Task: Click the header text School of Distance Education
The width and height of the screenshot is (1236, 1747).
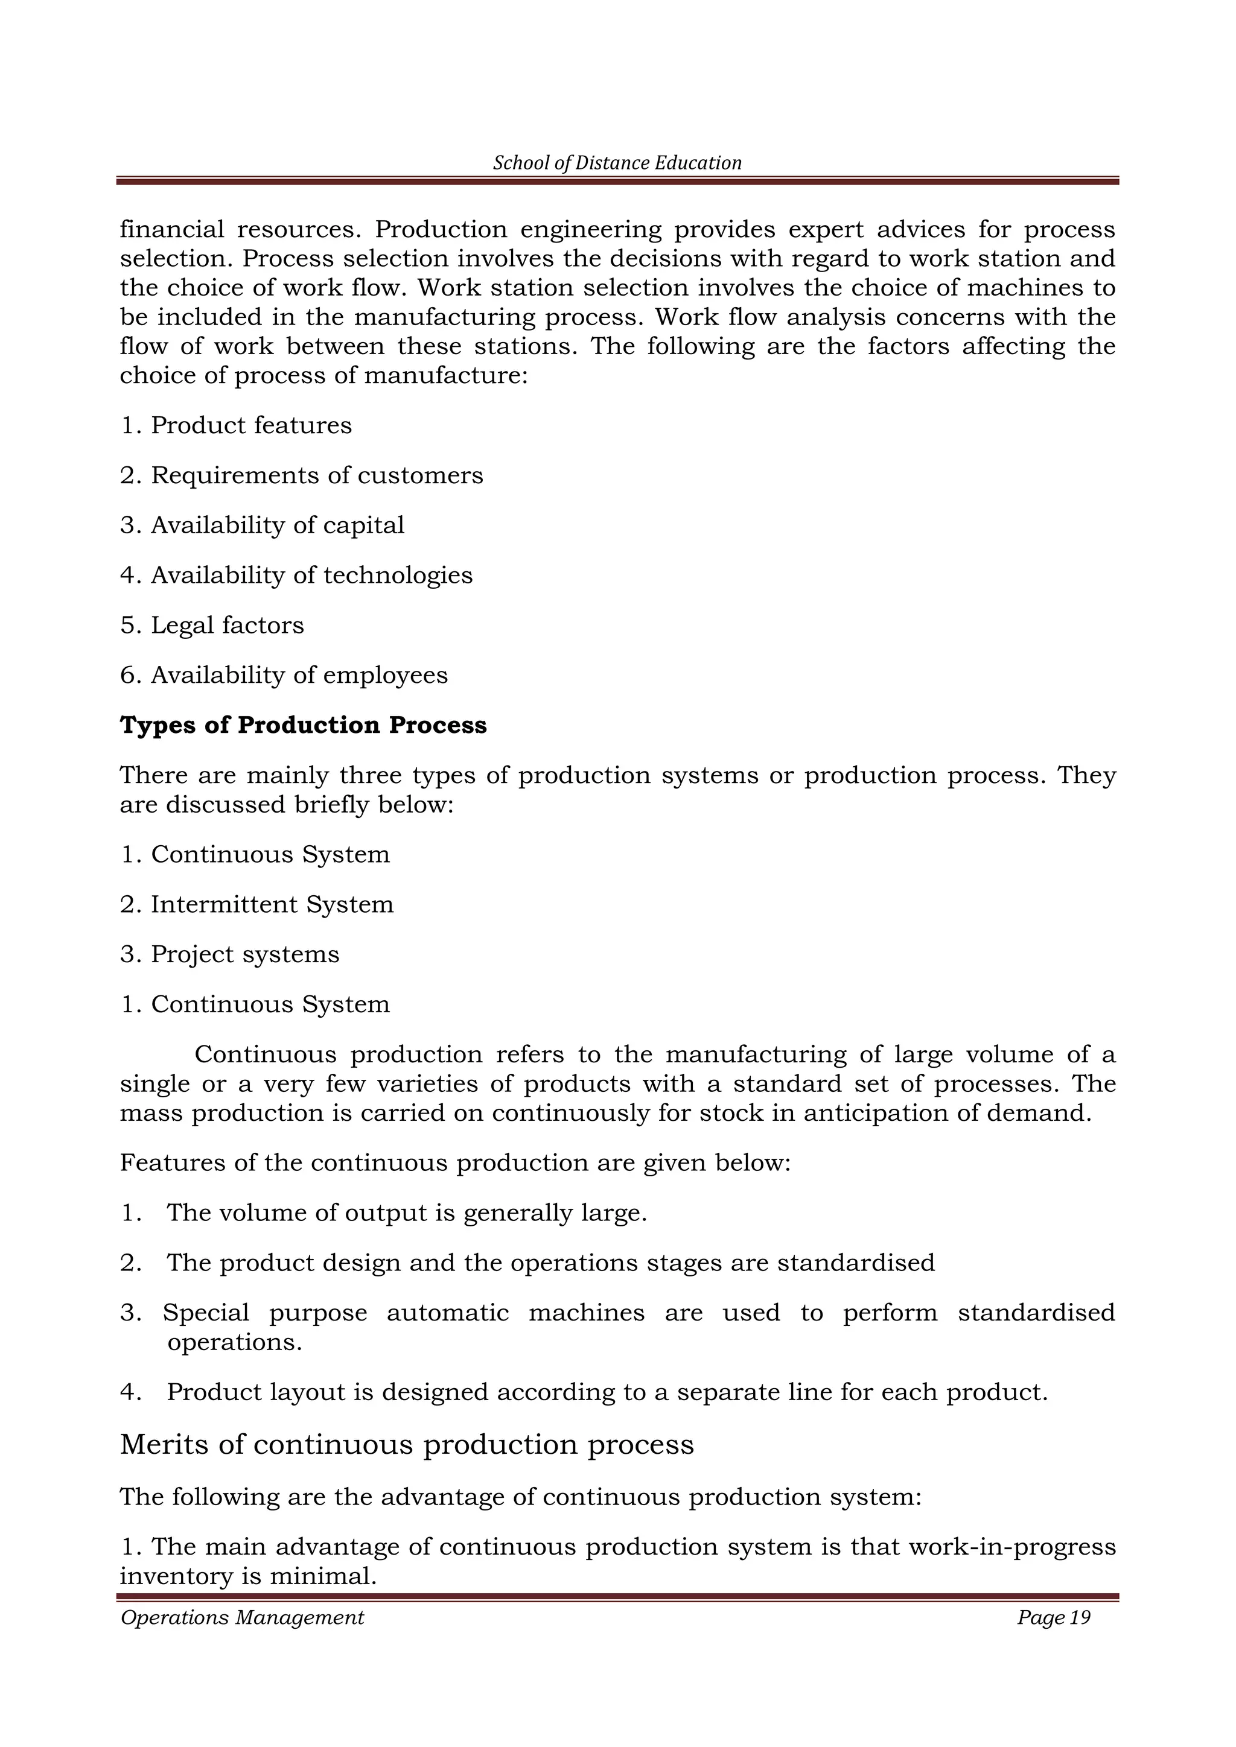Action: click(617, 163)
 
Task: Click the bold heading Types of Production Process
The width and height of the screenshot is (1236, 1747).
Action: click(303, 725)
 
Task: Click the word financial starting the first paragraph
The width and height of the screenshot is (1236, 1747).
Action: click(172, 229)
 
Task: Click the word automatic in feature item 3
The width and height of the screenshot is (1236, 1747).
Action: click(448, 1313)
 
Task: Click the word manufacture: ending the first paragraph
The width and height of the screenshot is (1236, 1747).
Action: click(446, 376)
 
